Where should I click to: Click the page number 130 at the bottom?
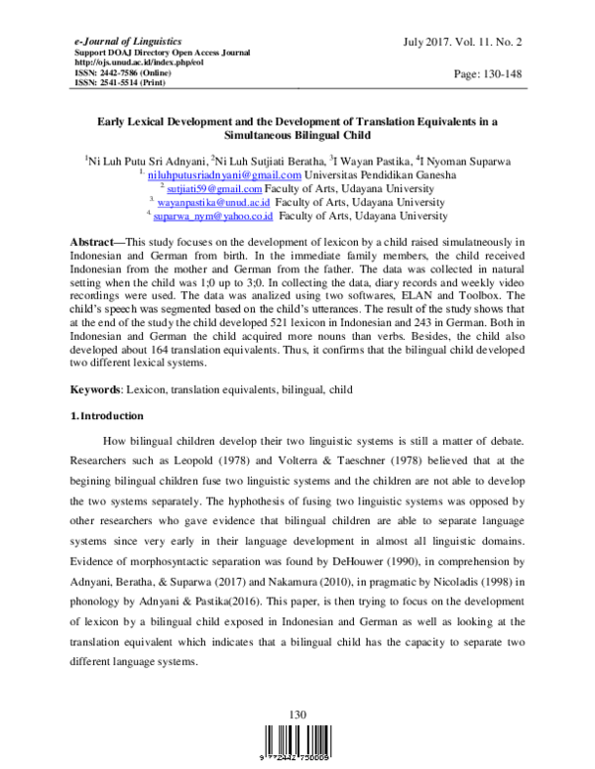click(297, 714)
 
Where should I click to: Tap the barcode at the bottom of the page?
click(297, 743)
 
